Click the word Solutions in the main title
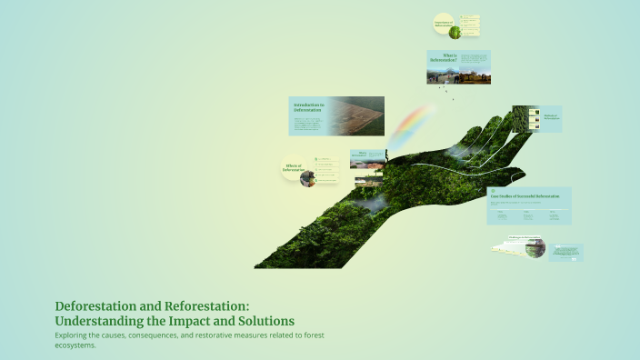264,321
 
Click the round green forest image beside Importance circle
455,32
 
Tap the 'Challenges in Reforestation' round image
534,247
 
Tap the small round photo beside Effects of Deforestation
308,178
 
